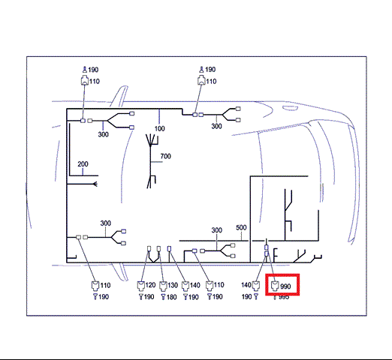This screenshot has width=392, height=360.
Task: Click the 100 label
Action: [159, 128]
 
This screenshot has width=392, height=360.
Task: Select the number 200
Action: [83, 164]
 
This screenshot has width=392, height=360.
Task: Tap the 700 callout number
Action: [165, 156]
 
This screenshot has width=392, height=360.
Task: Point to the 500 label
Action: [241, 227]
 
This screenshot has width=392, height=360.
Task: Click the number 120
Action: [150, 285]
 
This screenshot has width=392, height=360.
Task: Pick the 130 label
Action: [173, 285]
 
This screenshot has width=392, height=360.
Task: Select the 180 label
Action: [171, 297]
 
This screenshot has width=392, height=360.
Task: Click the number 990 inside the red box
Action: [285, 286]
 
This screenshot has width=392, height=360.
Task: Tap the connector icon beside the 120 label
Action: [141, 286]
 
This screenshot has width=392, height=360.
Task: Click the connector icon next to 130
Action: [163, 286]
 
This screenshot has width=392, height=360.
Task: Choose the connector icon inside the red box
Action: [275, 286]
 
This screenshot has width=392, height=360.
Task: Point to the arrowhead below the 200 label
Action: [95, 184]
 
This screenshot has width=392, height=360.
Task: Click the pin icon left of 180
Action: [163, 297]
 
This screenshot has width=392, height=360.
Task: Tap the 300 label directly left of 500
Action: [216, 230]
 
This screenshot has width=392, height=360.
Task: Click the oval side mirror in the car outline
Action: [290, 108]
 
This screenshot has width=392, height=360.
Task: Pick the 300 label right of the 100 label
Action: [216, 126]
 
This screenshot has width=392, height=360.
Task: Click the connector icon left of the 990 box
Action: [256, 286]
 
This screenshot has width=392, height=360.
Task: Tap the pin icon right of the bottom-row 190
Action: [256, 297]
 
